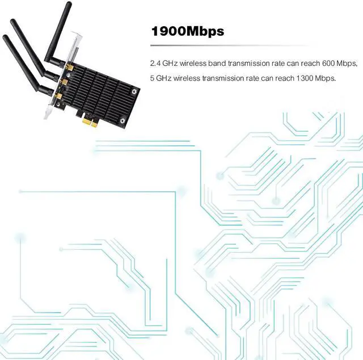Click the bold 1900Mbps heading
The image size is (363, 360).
pyautogui.click(x=187, y=31)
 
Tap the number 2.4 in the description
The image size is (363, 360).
pyautogui.click(x=155, y=62)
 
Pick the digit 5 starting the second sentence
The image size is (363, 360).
pyautogui.click(x=153, y=77)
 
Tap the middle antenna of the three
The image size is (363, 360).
pyautogui.click(x=28, y=47)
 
